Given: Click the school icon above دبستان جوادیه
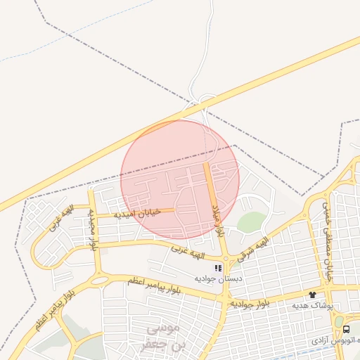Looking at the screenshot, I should [218, 268].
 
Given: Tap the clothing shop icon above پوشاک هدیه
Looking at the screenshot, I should [312, 295].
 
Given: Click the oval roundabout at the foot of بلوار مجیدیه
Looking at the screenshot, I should [100, 280].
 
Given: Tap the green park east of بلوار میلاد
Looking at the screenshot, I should [251, 222].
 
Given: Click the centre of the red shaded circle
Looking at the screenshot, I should [180, 179].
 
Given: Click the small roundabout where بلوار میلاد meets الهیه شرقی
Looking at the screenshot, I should [224, 258].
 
